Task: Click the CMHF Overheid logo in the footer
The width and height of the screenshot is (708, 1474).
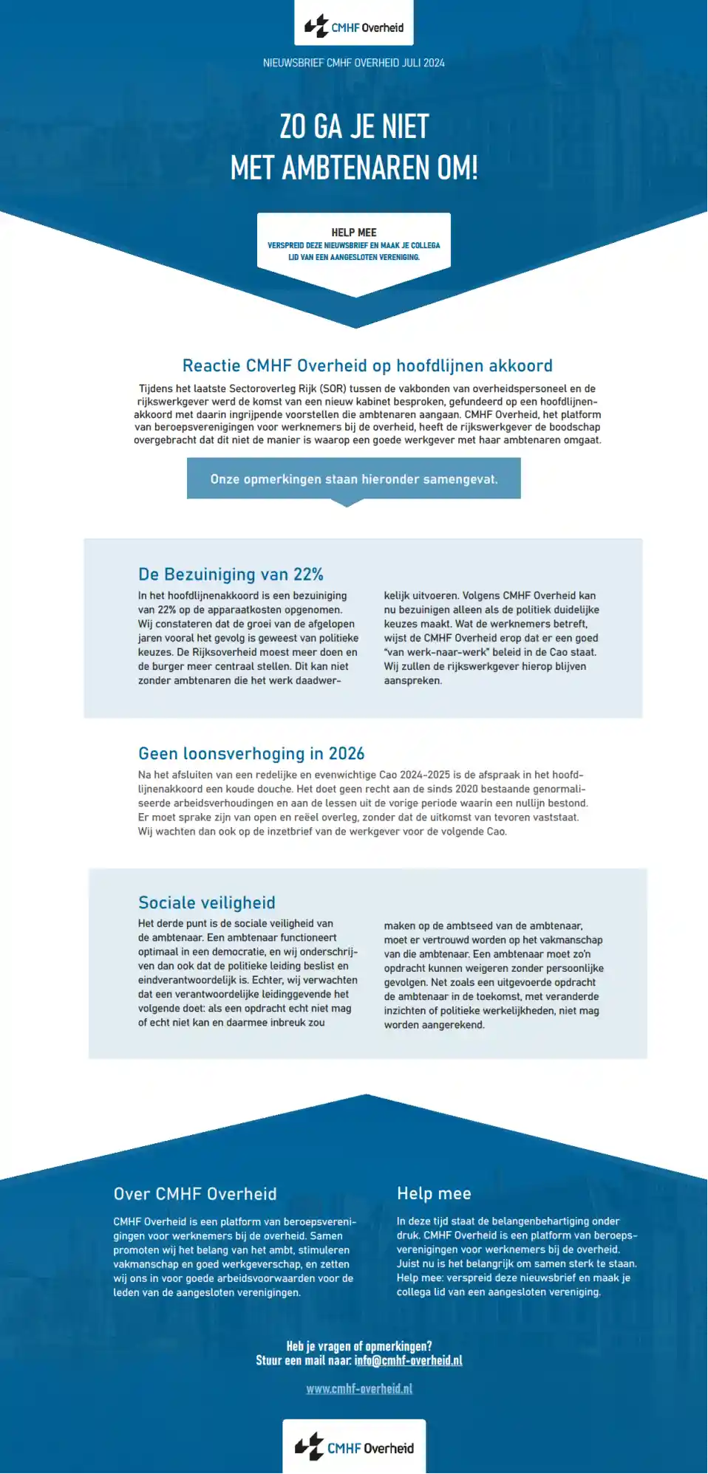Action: (354, 1447)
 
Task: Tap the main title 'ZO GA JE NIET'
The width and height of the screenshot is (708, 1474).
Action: (354, 126)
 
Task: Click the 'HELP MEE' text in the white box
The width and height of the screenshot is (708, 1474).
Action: (354, 233)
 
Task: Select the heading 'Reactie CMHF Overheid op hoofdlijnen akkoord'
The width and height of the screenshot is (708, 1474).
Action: (367, 366)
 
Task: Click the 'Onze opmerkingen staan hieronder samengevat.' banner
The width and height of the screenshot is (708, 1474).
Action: (354, 479)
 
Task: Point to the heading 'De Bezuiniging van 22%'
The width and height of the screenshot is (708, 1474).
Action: (231, 575)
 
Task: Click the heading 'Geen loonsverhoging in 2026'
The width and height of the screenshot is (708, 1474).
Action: (251, 753)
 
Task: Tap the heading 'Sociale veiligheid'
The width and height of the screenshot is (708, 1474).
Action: (207, 902)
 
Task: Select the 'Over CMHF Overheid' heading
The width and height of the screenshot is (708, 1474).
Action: (195, 1194)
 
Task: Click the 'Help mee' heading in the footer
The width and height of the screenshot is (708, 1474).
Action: (434, 1193)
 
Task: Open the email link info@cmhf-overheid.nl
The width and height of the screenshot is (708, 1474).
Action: (408, 1360)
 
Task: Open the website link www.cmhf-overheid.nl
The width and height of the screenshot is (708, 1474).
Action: (359, 1388)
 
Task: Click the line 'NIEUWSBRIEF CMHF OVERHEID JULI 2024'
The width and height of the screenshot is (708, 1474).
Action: (354, 63)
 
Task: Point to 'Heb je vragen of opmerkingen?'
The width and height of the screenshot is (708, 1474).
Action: (359, 1346)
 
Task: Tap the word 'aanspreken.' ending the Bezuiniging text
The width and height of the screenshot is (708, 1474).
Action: (413, 681)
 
